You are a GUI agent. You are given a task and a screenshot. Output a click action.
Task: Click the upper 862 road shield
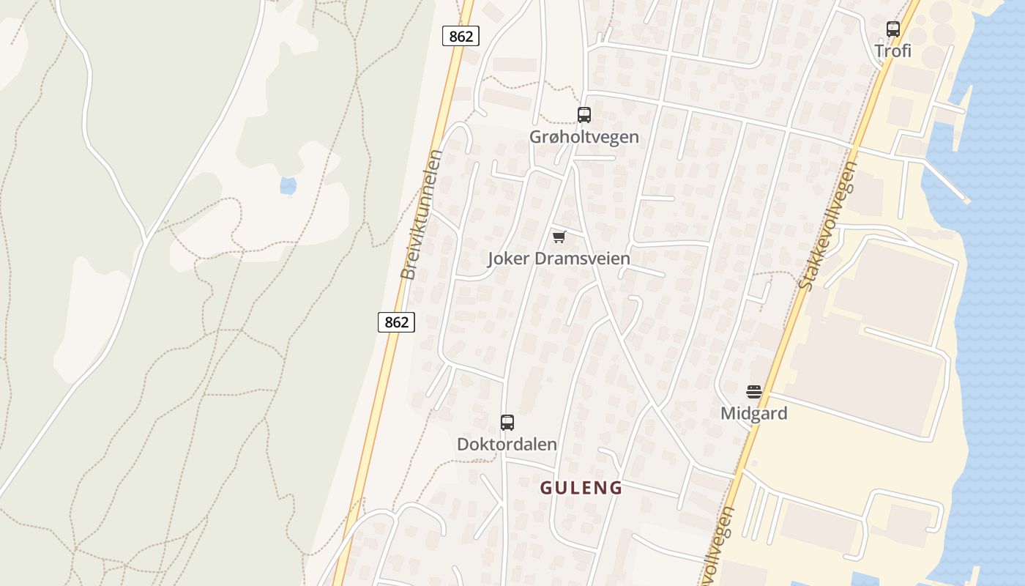tap(461, 35)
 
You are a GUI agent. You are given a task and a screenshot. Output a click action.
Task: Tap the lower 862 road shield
tap(396, 322)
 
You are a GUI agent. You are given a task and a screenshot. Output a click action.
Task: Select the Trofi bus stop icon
tap(892, 29)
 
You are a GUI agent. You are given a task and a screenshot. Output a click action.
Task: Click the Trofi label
tap(892, 51)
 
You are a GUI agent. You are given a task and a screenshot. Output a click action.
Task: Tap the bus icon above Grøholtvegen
tap(584, 114)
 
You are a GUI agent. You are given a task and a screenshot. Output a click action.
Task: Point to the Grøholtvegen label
tap(584, 137)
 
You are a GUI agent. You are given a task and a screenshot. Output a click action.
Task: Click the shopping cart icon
tap(559, 237)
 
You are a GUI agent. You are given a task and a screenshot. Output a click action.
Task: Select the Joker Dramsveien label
tap(559, 259)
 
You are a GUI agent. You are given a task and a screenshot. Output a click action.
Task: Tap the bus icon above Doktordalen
tap(507, 422)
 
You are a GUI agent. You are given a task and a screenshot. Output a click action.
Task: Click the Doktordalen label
tap(507, 444)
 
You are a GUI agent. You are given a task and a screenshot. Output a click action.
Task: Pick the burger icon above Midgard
tap(754, 391)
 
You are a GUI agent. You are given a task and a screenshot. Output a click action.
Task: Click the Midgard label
tap(754, 413)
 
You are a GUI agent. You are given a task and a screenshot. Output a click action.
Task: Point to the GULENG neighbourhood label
tap(581, 488)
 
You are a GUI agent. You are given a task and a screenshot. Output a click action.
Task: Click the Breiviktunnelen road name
tap(422, 215)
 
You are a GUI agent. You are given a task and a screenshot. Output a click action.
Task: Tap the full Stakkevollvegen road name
tap(828, 226)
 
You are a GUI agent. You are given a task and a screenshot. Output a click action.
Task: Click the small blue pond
tap(288, 186)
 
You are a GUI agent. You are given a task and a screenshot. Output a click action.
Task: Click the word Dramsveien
tap(583, 259)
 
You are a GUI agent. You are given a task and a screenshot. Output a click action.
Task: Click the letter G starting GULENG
tap(546, 488)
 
